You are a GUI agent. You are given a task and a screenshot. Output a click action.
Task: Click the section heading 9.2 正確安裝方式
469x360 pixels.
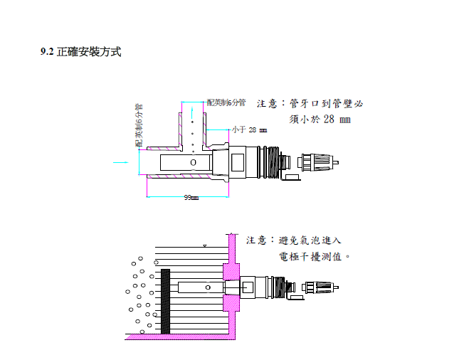(x=80, y=52)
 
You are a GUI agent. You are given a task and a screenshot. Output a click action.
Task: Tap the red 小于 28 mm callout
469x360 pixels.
(x=249, y=130)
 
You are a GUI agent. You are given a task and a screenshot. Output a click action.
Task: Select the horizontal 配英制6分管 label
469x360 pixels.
(x=226, y=103)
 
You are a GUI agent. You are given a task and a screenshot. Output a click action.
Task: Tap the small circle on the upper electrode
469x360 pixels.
(x=193, y=163)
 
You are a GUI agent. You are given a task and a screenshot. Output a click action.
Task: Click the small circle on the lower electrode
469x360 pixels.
(x=207, y=287)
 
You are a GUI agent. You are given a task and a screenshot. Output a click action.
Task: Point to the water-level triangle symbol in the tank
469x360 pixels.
(x=205, y=245)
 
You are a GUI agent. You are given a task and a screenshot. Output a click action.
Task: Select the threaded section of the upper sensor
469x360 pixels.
(x=272, y=163)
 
